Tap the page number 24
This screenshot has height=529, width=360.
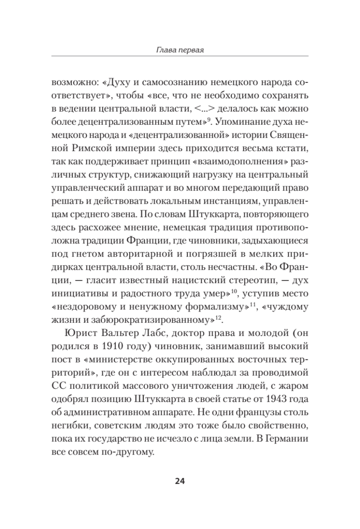tap(179, 481)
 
